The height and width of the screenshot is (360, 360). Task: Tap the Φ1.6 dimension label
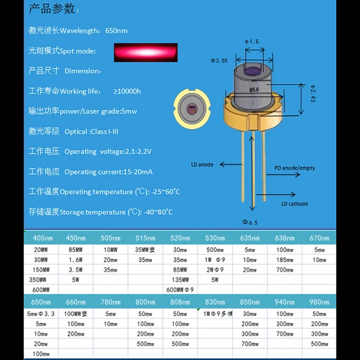coord(252,41)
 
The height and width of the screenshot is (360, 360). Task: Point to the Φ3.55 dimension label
coord(218,61)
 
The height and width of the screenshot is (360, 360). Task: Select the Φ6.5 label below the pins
coord(250,223)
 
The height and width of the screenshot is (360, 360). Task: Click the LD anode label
coord(202,164)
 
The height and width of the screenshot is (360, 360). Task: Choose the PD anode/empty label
coord(295,168)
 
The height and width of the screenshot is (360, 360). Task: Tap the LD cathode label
coord(295,204)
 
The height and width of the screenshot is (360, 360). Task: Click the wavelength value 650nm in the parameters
coord(116,31)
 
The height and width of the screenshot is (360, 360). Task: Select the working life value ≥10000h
coord(127,91)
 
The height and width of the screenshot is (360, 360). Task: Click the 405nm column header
coord(41,238)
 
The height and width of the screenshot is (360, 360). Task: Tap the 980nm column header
coord(320,302)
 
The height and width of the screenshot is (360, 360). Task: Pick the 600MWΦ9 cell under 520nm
coord(180,289)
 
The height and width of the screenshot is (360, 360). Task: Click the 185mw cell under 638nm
coord(285,260)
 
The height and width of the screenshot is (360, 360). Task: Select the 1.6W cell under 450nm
coord(76,260)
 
